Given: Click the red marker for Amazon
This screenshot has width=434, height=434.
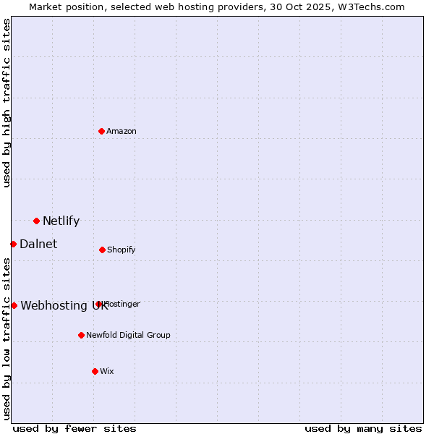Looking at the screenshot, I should click(102, 131).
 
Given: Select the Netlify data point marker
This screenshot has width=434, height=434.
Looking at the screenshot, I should click(36, 221).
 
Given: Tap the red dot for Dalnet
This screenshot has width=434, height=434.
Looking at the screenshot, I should click(13, 244).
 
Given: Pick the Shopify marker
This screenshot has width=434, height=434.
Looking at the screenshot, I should click(102, 250).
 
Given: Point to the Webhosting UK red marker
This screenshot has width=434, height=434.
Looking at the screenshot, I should click(14, 305).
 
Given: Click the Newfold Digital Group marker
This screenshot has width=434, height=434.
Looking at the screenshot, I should click(81, 335).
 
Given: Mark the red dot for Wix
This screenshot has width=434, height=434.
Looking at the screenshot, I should click(95, 371).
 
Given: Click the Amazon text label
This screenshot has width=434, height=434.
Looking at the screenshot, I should click(122, 131).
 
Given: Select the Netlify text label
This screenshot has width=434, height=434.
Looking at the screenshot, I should click(61, 221).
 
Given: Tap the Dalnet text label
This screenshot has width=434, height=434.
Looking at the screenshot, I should click(38, 244).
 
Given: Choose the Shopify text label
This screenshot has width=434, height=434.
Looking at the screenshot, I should click(121, 250).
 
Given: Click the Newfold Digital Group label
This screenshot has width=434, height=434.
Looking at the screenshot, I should click(128, 335).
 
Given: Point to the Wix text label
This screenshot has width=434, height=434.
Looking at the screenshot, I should click(107, 371).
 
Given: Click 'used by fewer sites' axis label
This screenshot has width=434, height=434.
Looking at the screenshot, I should click(75, 428).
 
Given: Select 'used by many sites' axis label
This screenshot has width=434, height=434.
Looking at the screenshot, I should click(363, 428).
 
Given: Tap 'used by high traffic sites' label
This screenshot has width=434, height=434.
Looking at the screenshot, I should click(7, 103).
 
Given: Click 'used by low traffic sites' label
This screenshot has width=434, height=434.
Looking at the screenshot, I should click(7, 339).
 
